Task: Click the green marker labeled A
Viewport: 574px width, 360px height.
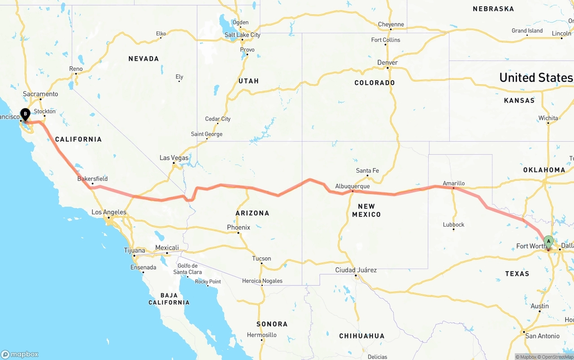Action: coord(548,242)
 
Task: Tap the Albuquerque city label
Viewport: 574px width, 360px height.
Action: coord(352,186)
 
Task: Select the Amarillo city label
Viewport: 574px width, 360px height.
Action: coord(453,183)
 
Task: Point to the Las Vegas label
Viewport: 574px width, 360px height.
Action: coord(174,158)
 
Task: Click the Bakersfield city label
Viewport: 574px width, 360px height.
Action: coord(92,178)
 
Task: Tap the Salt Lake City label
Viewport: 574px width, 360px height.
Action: coord(242,35)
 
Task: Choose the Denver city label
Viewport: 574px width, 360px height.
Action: coord(387,62)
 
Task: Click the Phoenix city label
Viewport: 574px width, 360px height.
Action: coord(238,227)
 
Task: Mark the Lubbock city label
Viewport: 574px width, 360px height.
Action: coord(453,225)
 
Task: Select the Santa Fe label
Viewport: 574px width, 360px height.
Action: coord(367,170)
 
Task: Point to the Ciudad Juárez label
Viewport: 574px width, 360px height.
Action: coord(356,270)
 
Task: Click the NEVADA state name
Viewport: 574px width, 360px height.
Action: coord(143,59)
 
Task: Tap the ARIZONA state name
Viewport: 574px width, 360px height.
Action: coord(252,213)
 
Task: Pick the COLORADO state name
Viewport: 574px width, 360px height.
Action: coord(374,82)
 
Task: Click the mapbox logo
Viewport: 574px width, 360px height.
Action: coord(20,354)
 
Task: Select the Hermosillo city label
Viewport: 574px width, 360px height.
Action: coord(262,335)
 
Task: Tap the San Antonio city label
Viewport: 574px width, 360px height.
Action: coord(542,336)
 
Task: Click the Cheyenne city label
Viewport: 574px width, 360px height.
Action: coord(391,25)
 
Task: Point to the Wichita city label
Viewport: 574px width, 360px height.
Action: coord(548,118)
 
